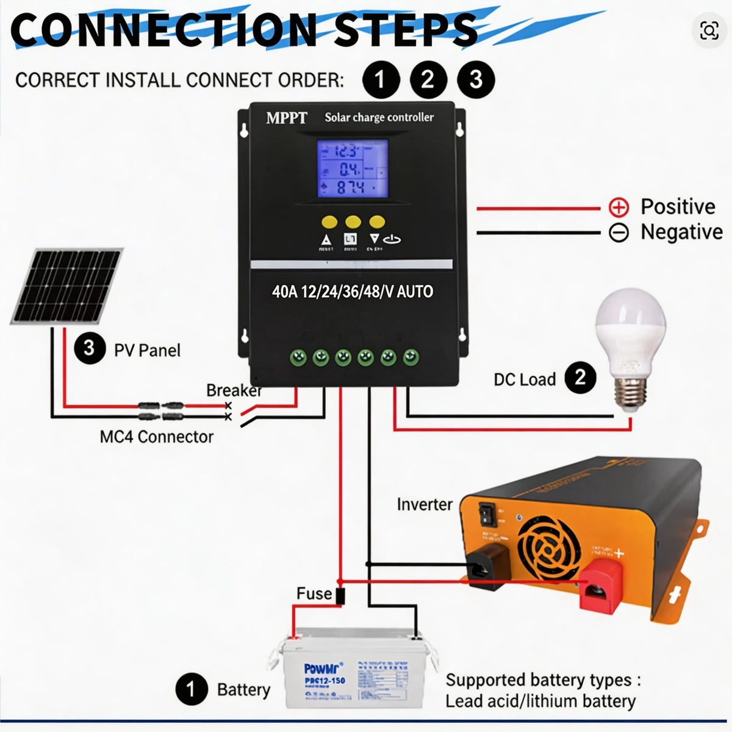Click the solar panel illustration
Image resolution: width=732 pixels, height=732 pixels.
pyautogui.click(x=67, y=285)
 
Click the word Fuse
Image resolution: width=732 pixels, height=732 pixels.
pyautogui.click(x=314, y=594)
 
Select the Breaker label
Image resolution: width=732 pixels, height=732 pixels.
pyautogui.click(x=234, y=390)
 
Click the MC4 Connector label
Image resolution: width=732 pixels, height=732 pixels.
pyautogui.click(x=157, y=437)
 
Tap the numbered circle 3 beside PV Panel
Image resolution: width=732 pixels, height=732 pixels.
pyautogui.click(x=90, y=349)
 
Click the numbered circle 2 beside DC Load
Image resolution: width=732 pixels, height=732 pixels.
pyautogui.click(x=580, y=378)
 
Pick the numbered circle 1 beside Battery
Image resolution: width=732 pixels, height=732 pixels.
pyautogui.click(x=191, y=689)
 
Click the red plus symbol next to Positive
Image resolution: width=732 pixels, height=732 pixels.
pyautogui.click(x=619, y=207)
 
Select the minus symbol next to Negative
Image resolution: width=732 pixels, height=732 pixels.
pyautogui.click(x=619, y=232)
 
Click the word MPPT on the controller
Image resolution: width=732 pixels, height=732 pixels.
pyautogui.click(x=287, y=118)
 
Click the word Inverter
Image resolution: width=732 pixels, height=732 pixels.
pyautogui.click(x=425, y=504)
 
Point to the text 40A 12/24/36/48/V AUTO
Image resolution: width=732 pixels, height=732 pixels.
pyautogui.click(x=353, y=292)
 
